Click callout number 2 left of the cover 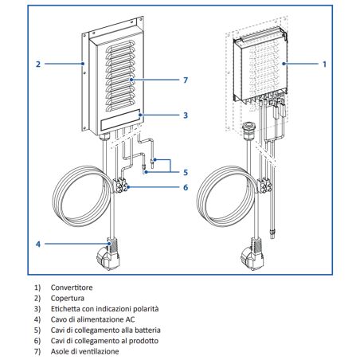pyautogui.click(x=37, y=62)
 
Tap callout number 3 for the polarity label pyautogui.click(x=186, y=115)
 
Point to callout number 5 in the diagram pyautogui.click(x=186, y=170)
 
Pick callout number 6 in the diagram pyautogui.click(x=186, y=188)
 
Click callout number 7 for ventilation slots pyautogui.click(x=186, y=80)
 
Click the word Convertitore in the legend pyautogui.click(x=75, y=287)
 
